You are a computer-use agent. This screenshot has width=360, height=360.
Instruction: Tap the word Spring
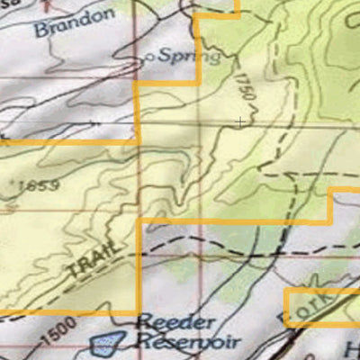click(x=189, y=57)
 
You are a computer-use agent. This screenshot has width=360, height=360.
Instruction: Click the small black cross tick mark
click(x=240, y=120)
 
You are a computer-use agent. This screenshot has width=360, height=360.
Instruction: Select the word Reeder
click(x=176, y=322)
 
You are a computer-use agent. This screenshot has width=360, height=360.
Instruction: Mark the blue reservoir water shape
click(x=107, y=342)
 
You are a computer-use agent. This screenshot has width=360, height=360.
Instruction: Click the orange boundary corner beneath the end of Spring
click(x=198, y=84)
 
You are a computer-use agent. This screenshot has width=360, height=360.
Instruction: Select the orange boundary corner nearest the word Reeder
click(x=139, y=312)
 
